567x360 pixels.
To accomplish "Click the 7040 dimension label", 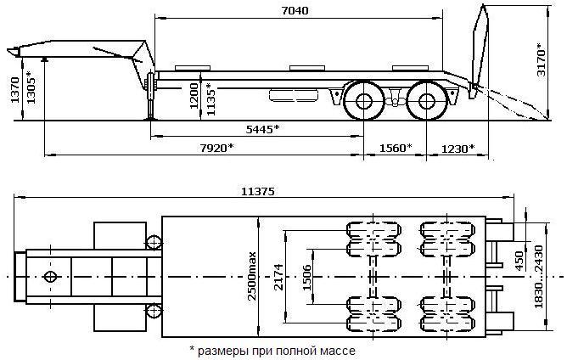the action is coord(295,10).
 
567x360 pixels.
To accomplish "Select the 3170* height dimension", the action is coord(541,59).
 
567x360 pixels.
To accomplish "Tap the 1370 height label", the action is coord(15,90).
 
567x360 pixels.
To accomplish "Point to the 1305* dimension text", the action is coord(31,87).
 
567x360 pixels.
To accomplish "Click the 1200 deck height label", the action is coord(194,96).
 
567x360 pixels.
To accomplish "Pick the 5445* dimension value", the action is coord(263,129).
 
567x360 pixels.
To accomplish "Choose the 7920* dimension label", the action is coord(217,148).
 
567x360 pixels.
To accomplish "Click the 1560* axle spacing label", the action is coord(396,148).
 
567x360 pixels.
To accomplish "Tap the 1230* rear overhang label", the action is coord(458,148).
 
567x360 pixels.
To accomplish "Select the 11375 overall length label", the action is coord(258,191).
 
